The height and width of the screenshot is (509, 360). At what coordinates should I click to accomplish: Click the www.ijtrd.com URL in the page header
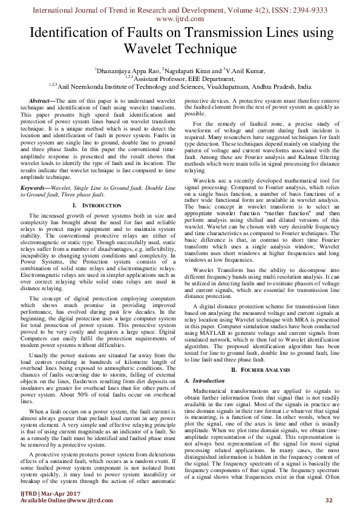[x=180, y=18]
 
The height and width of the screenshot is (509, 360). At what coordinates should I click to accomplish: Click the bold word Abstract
[x=42, y=99]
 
